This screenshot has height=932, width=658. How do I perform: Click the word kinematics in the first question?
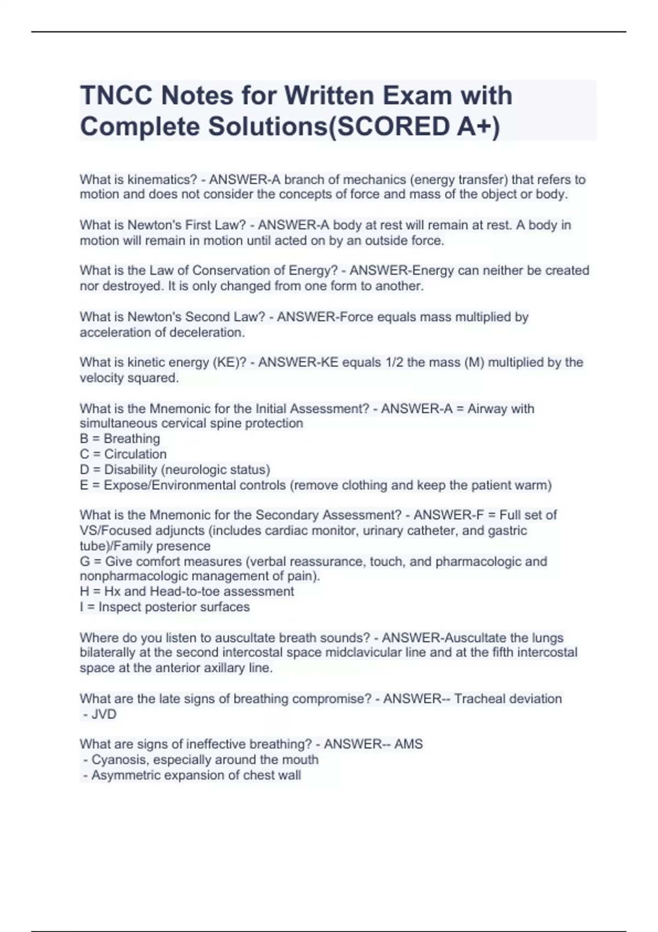tap(162, 179)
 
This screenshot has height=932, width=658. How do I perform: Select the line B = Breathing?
tap(120, 439)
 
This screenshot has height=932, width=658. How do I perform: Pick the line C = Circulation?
tap(123, 454)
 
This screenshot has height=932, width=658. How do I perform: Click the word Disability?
tap(131, 470)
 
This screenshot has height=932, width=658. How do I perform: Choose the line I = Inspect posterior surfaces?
tap(164, 607)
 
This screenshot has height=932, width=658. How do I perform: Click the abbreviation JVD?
tap(104, 714)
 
